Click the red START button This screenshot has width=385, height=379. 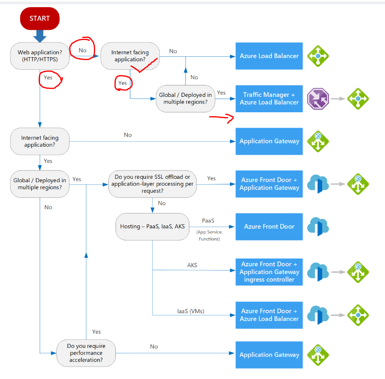(x=39, y=18)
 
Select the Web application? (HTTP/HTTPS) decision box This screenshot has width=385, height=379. (x=40, y=56)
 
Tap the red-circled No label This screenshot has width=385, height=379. (x=82, y=50)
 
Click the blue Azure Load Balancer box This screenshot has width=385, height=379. (x=269, y=56)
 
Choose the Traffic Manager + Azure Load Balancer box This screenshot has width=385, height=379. (x=269, y=99)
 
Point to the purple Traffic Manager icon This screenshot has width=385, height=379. (x=318, y=99)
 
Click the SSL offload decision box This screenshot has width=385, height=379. (x=153, y=184)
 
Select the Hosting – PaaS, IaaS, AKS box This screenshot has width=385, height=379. (x=153, y=226)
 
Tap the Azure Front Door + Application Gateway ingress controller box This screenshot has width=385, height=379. (x=269, y=272)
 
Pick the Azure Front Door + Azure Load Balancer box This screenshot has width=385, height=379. (x=269, y=315)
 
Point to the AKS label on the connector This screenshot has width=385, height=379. (x=192, y=265)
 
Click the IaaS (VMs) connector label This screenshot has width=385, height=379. (x=191, y=311)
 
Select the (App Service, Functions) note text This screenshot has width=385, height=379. (x=209, y=236)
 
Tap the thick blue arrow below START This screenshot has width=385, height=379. (x=40, y=35)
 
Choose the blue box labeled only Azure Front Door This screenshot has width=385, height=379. (x=269, y=227)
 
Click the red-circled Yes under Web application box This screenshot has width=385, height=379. (x=48, y=78)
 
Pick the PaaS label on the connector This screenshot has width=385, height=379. (x=208, y=221)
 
